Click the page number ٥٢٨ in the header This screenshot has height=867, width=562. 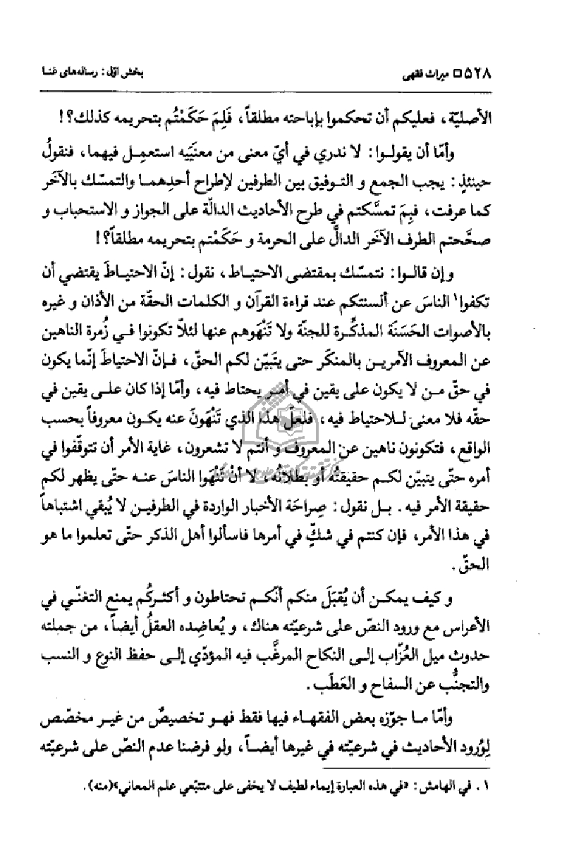(517, 73)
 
